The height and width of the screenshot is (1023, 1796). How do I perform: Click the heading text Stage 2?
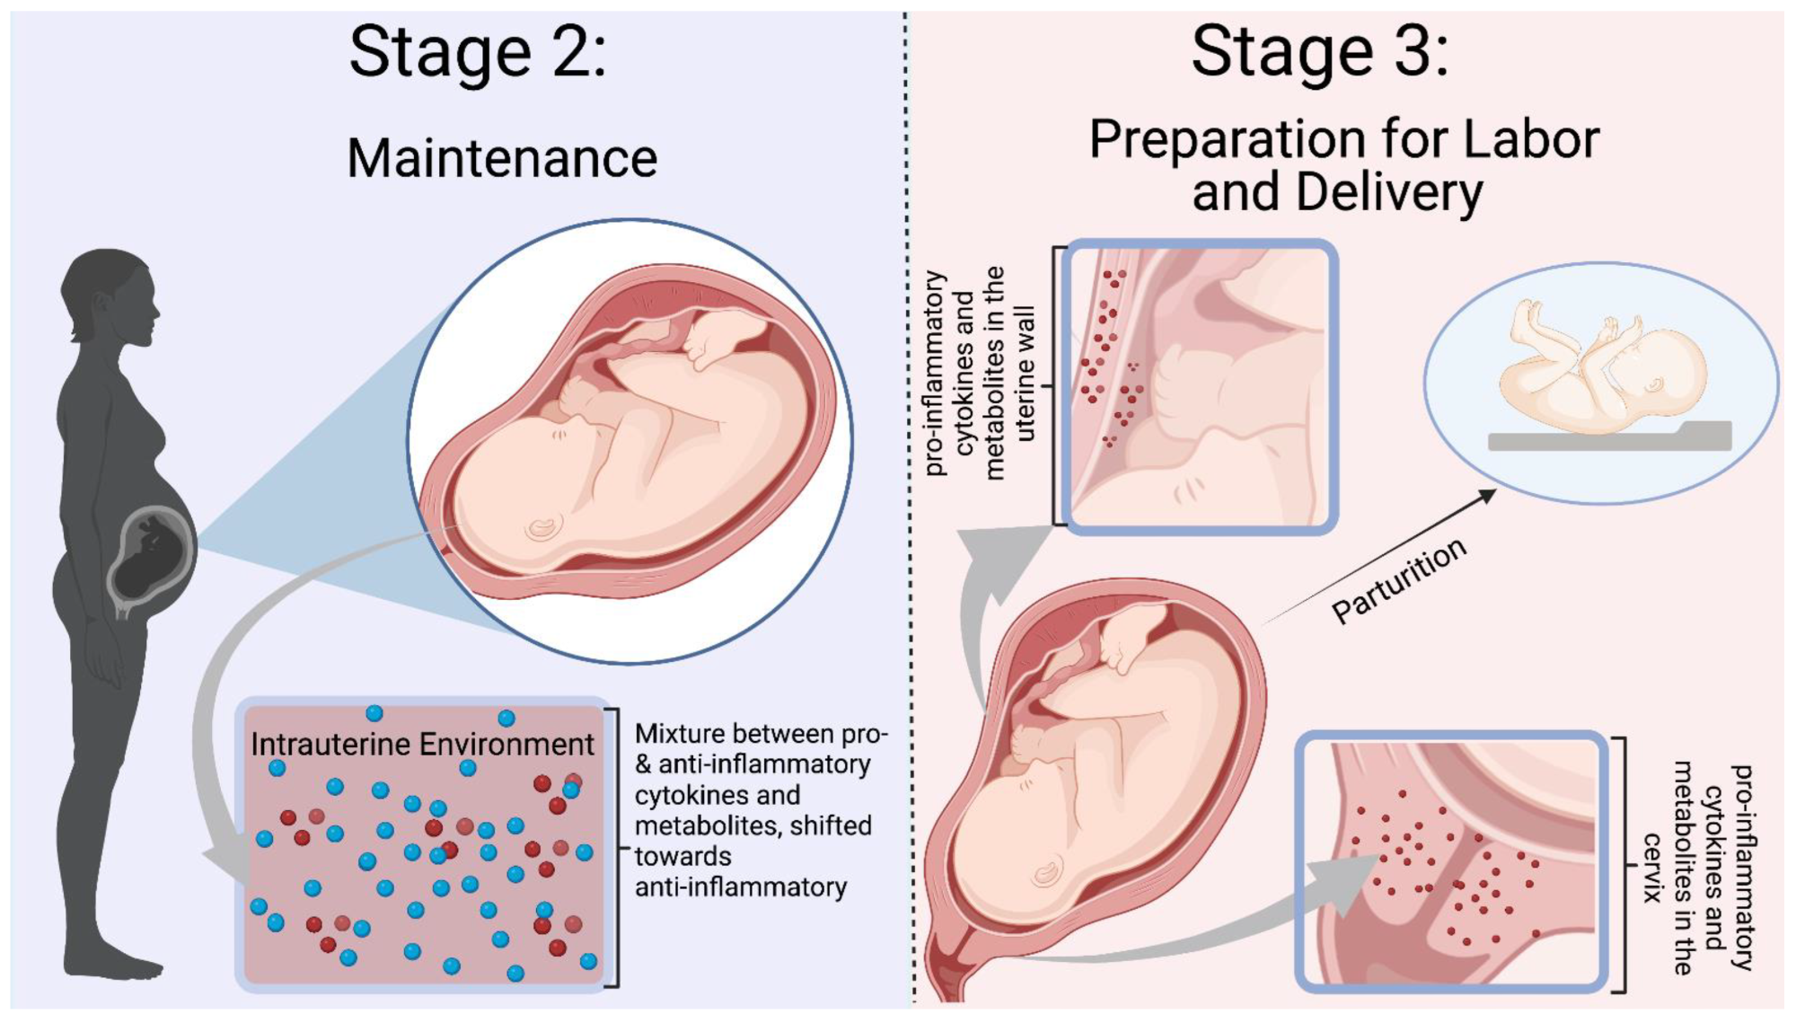(x=478, y=52)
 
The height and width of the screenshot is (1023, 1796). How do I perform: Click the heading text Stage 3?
(x=1319, y=52)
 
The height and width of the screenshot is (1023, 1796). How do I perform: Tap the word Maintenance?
(x=502, y=159)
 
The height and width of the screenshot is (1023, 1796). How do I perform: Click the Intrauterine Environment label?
(x=422, y=745)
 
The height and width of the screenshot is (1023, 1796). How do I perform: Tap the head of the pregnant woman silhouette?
(x=110, y=296)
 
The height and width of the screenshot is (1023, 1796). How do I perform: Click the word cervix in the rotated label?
(x=1653, y=867)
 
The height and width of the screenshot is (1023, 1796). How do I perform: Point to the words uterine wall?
(x=1025, y=373)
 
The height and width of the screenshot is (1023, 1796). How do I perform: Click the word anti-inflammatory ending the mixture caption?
(x=741, y=887)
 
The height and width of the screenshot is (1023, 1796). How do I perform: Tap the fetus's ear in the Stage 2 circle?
(x=541, y=528)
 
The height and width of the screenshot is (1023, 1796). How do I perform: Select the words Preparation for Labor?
(x=1343, y=139)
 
